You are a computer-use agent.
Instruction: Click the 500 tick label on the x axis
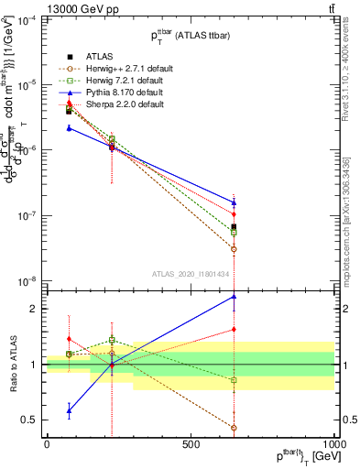click(x=191, y=444)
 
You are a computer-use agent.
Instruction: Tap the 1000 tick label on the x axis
click(x=335, y=444)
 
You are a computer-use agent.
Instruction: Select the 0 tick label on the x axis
click(x=47, y=444)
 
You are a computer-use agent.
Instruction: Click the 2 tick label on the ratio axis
click(x=35, y=309)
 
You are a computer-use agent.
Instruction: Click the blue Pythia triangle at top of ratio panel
click(x=235, y=296)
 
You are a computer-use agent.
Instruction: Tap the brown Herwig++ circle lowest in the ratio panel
click(x=235, y=428)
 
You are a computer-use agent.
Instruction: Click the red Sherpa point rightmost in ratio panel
click(x=235, y=329)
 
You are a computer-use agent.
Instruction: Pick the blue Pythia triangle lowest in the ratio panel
click(x=70, y=410)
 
